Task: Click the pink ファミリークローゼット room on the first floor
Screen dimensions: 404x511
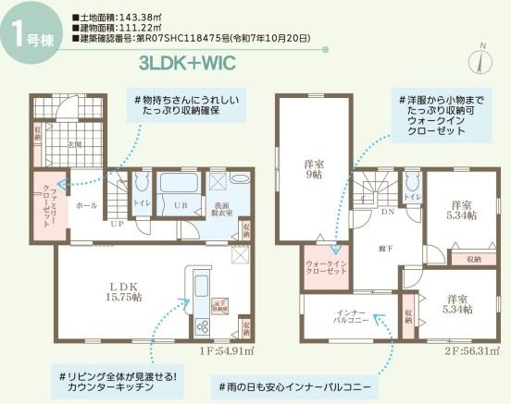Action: pos(45,206)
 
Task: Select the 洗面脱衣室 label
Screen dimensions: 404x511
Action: pos(224,207)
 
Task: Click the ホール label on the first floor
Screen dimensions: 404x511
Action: pos(85,205)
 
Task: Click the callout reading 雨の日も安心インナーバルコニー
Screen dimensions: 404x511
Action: pos(294,384)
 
